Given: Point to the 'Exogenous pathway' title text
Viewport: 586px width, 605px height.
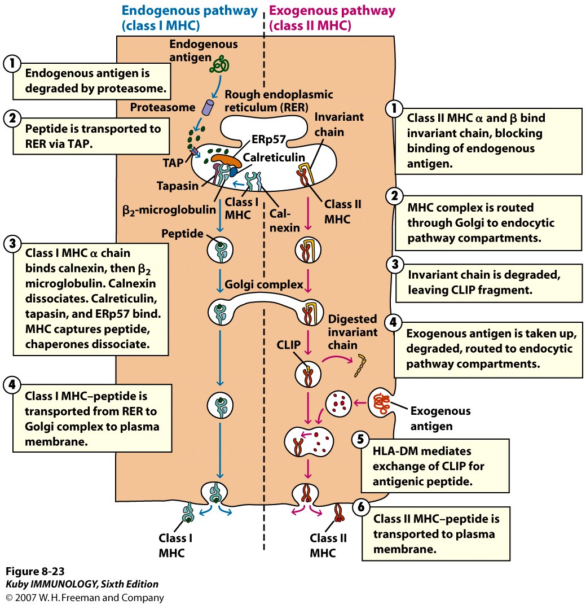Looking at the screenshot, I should pos(333,11).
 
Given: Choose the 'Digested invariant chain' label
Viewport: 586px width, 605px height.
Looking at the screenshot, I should pos(353,332).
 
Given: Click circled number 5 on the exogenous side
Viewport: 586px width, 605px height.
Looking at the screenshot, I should pos(360,439).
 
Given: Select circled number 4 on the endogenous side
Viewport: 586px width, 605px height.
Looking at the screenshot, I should pos(11,385).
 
